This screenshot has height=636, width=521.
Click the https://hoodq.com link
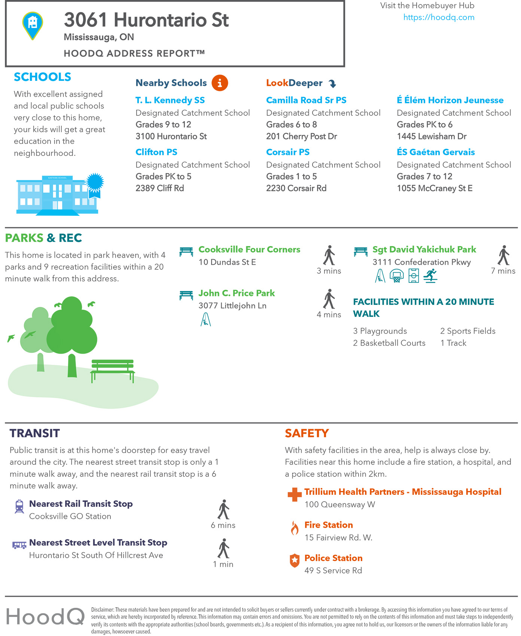(439, 17)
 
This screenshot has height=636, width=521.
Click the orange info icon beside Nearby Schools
(220, 83)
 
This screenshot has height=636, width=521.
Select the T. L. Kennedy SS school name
(170, 100)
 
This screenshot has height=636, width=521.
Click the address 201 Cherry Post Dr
(301, 136)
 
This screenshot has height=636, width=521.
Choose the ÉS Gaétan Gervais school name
(436, 152)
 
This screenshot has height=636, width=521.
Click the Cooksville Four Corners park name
(249, 249)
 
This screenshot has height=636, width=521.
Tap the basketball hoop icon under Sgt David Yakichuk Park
(396, 276)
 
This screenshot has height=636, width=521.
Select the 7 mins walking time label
(503, 271)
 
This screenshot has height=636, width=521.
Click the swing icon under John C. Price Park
(205, 319)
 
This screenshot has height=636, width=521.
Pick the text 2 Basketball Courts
(389, 343)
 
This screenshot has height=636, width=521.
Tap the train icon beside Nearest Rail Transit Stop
(19, 506)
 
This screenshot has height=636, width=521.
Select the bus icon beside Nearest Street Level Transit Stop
(19, 545)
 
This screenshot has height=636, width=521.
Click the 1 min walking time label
(223, 564)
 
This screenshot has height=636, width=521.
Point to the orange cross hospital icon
(295, 494)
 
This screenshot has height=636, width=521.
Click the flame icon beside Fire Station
(295, 528)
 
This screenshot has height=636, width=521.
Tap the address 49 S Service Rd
(333, 570)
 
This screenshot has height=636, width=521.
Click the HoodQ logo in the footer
(45, 616)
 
